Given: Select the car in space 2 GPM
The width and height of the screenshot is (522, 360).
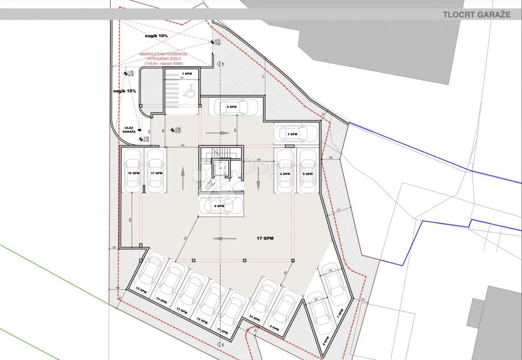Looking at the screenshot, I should [x=231, y=107].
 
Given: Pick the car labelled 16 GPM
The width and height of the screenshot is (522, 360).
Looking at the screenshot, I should [x=132, y=171].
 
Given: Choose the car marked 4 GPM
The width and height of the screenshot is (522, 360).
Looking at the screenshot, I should [x=284, y=171].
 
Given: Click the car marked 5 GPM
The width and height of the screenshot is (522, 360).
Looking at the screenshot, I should [x=308, y=171].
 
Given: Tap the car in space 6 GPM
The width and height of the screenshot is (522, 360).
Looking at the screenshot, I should [x=221, y=206].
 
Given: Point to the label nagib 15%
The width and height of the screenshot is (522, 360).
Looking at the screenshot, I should [x=125, y=91].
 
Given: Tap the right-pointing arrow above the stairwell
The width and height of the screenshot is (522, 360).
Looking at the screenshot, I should [x=218, y=133].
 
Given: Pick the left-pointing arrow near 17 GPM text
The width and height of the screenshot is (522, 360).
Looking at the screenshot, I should [x=224, y=238].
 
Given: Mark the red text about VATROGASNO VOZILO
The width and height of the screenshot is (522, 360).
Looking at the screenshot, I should [x=164, y=58].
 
